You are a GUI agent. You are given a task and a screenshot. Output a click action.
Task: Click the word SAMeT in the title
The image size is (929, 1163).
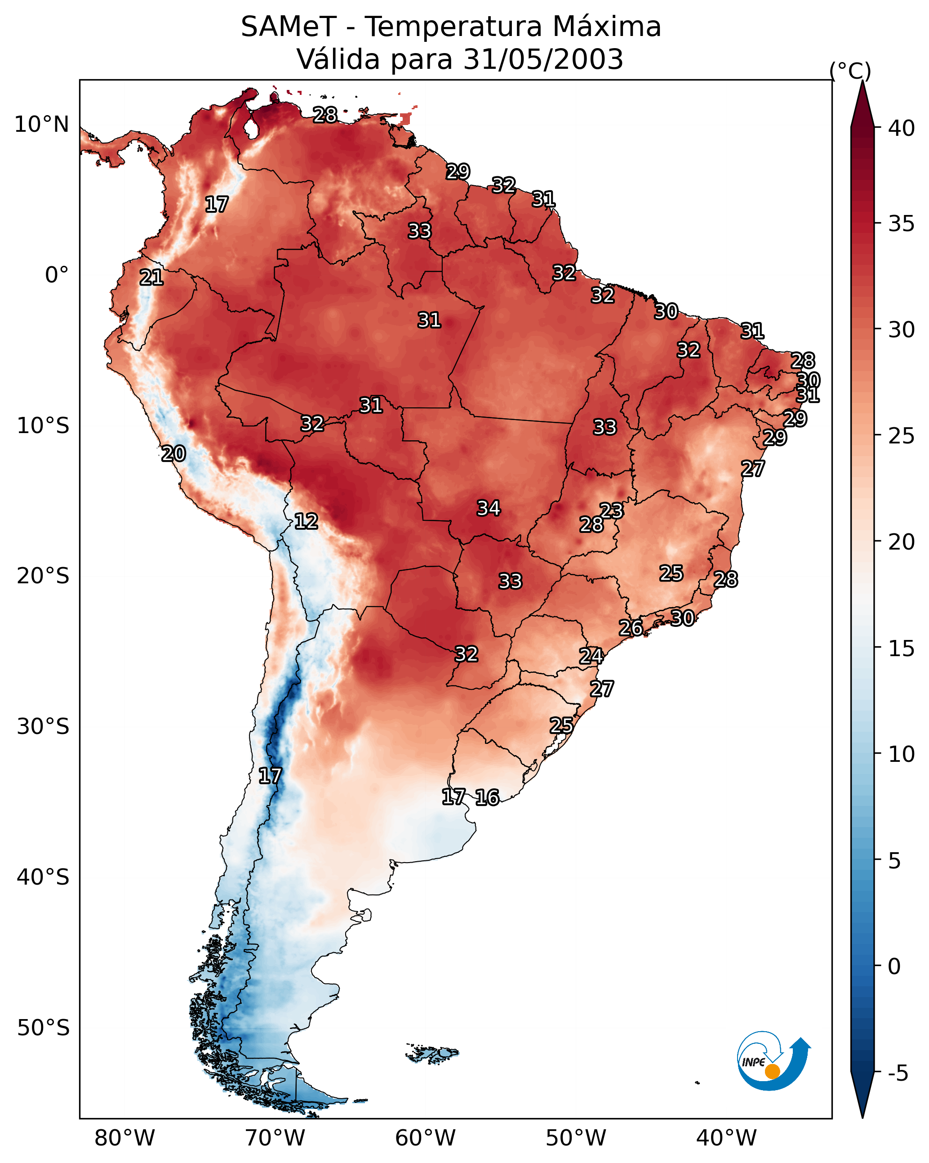pos(288,27)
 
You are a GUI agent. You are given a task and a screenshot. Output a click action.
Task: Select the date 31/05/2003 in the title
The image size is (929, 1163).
pos(543,59)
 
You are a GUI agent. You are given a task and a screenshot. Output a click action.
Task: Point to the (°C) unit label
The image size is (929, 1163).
pos(850,71)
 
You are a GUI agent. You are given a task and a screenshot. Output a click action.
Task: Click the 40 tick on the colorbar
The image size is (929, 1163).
pos(902,128)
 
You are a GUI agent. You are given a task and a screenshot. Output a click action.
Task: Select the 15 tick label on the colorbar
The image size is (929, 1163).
pos(902,649)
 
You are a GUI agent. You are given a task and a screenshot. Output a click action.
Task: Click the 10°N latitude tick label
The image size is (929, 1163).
pos(41,125)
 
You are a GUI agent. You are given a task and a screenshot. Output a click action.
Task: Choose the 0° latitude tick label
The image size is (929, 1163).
pos(57,275)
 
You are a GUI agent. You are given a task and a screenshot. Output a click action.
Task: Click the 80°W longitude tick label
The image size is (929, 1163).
pos(124,1138)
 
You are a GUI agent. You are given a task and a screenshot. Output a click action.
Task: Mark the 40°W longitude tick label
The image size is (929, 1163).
pos(726,1138)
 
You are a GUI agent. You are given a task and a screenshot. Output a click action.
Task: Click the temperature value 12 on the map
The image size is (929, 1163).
pos(306,521)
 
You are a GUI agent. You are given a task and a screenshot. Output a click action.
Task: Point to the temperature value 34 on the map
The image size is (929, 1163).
pos(489,508)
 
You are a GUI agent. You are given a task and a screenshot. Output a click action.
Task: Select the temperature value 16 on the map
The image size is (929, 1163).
pos(487,797)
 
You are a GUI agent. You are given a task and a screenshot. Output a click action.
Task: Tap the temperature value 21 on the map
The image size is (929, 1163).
pos(151,277)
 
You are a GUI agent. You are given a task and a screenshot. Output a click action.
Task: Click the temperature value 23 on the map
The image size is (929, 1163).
pos(611,510)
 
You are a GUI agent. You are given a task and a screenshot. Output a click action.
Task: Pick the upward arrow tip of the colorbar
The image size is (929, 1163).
pos(862,81)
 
